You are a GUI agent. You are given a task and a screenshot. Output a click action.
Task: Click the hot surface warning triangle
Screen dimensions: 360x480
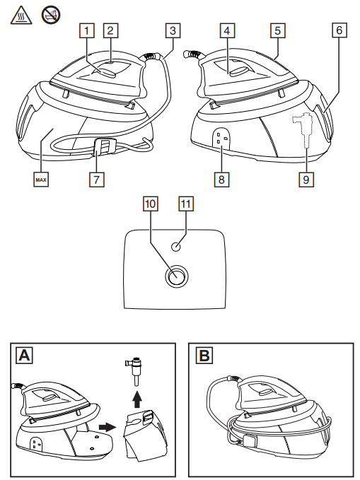click(x=21, y=16)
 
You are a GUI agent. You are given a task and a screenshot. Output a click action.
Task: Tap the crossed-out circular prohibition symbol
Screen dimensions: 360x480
click(x=51, y=15)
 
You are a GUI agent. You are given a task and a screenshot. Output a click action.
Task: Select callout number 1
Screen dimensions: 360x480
click(x=87, y=30)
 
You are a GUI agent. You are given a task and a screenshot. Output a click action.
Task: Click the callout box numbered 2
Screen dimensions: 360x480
click(x=110, y=30)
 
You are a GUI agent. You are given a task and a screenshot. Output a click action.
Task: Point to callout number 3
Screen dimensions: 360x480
click(x=173, y=30)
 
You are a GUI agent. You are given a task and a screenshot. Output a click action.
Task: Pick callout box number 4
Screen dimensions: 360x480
click(x=227, y=30)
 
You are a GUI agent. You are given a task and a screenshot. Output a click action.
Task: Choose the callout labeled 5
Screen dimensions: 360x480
click(x=278, y=30)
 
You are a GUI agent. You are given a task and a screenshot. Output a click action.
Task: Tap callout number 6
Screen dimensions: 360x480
click(x=339, y=30)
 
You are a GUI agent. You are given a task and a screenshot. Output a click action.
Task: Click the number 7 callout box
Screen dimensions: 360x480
click(x=97, y=179)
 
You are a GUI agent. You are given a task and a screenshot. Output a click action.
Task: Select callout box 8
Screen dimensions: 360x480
click(x=221, y=179)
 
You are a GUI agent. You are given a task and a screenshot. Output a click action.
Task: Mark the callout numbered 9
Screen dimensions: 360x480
click(x=306, y=179)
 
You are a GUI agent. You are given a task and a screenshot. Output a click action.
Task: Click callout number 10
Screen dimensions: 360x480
click(x=151, y=204)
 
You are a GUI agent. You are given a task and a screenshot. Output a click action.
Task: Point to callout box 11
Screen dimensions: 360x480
click(x=186, y=204)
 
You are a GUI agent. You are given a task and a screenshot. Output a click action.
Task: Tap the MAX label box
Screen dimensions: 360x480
click(x=41, y=180)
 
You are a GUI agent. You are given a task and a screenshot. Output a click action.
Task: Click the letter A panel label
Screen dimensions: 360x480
click(x=25, y=356)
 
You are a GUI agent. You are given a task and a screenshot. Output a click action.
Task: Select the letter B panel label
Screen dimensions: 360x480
click(x=204, y=356)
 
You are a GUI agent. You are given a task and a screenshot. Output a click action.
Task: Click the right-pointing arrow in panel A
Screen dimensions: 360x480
click(x=108, y=428)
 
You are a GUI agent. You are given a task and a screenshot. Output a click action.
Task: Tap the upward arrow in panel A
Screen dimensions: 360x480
click(x=137, y=399)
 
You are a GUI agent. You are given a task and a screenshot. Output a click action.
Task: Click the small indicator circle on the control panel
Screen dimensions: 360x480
click(x=176, y=247)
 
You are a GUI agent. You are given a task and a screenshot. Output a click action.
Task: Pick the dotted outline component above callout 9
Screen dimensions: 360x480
click(x=304, y=130)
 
